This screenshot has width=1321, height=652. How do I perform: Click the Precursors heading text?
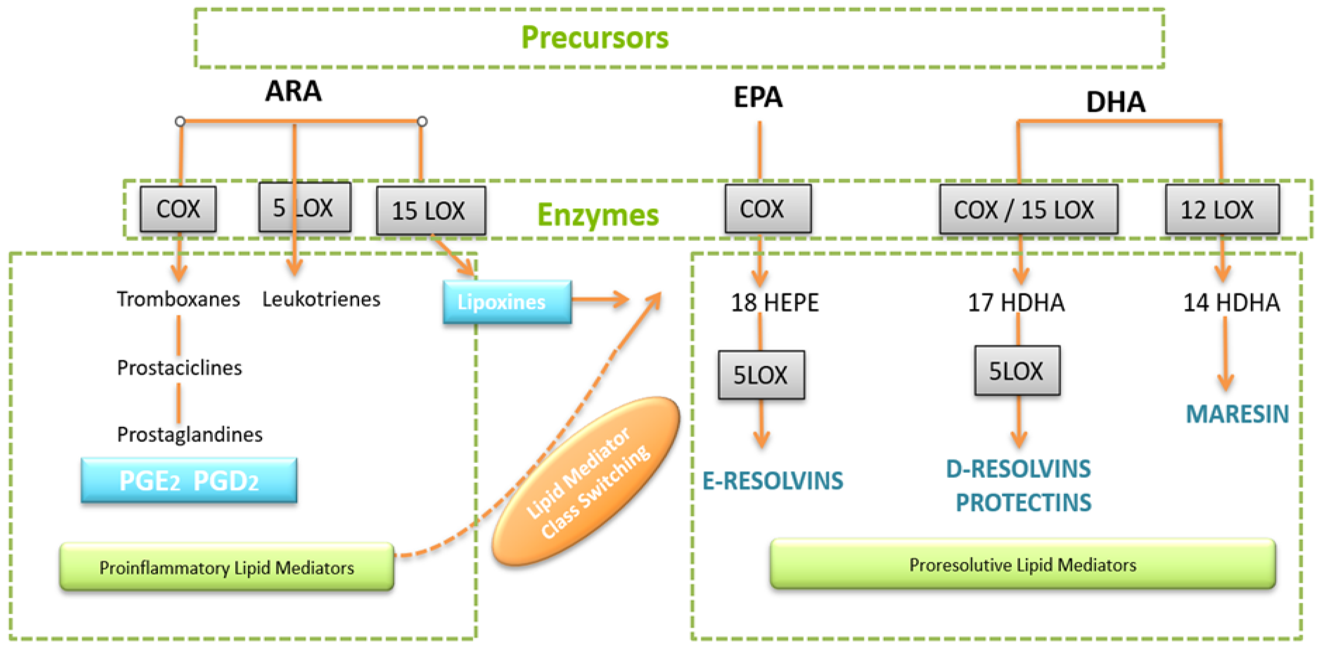[595, 38]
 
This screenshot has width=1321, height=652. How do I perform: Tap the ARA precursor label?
[293, 91]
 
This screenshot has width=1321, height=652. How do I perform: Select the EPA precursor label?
[758, 97]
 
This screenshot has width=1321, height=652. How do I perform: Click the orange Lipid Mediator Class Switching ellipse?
[586, 481]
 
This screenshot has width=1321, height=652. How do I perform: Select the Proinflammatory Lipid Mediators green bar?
[227, 567]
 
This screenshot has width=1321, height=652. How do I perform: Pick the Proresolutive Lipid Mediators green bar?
[1022, 564]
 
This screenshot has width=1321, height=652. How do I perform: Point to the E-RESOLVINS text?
[772, 481]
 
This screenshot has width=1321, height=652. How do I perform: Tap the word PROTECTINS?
[1023, 502]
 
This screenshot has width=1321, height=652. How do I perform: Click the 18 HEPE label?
[774, 302]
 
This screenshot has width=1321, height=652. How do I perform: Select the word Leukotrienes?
[321, 299]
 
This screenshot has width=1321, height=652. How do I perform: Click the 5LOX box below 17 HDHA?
[1017, 370]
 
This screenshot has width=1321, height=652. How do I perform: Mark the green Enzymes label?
[598, 214]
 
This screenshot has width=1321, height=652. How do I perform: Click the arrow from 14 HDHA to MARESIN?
[1225, 354]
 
